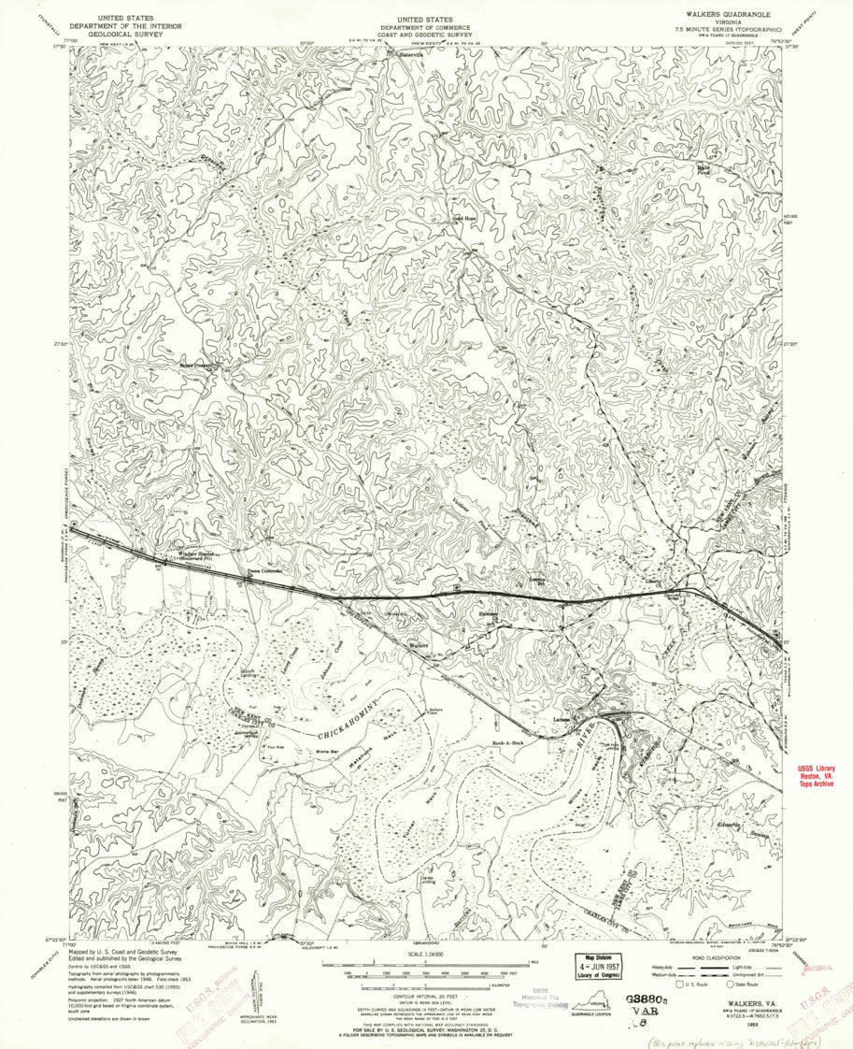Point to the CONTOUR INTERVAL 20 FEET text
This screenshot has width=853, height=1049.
tap(425, 992)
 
